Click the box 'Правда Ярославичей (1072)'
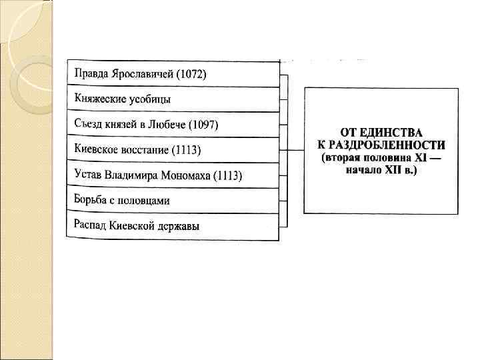point(173,74)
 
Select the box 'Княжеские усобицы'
point(173,99)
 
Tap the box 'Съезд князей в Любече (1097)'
point(173,125)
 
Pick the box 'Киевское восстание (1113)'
point(173,150)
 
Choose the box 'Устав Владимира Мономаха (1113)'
point(173,175)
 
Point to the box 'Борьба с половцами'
point(173,201)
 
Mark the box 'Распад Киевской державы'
point(173,226)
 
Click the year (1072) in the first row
point(191,74)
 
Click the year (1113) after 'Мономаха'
point(227,176)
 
